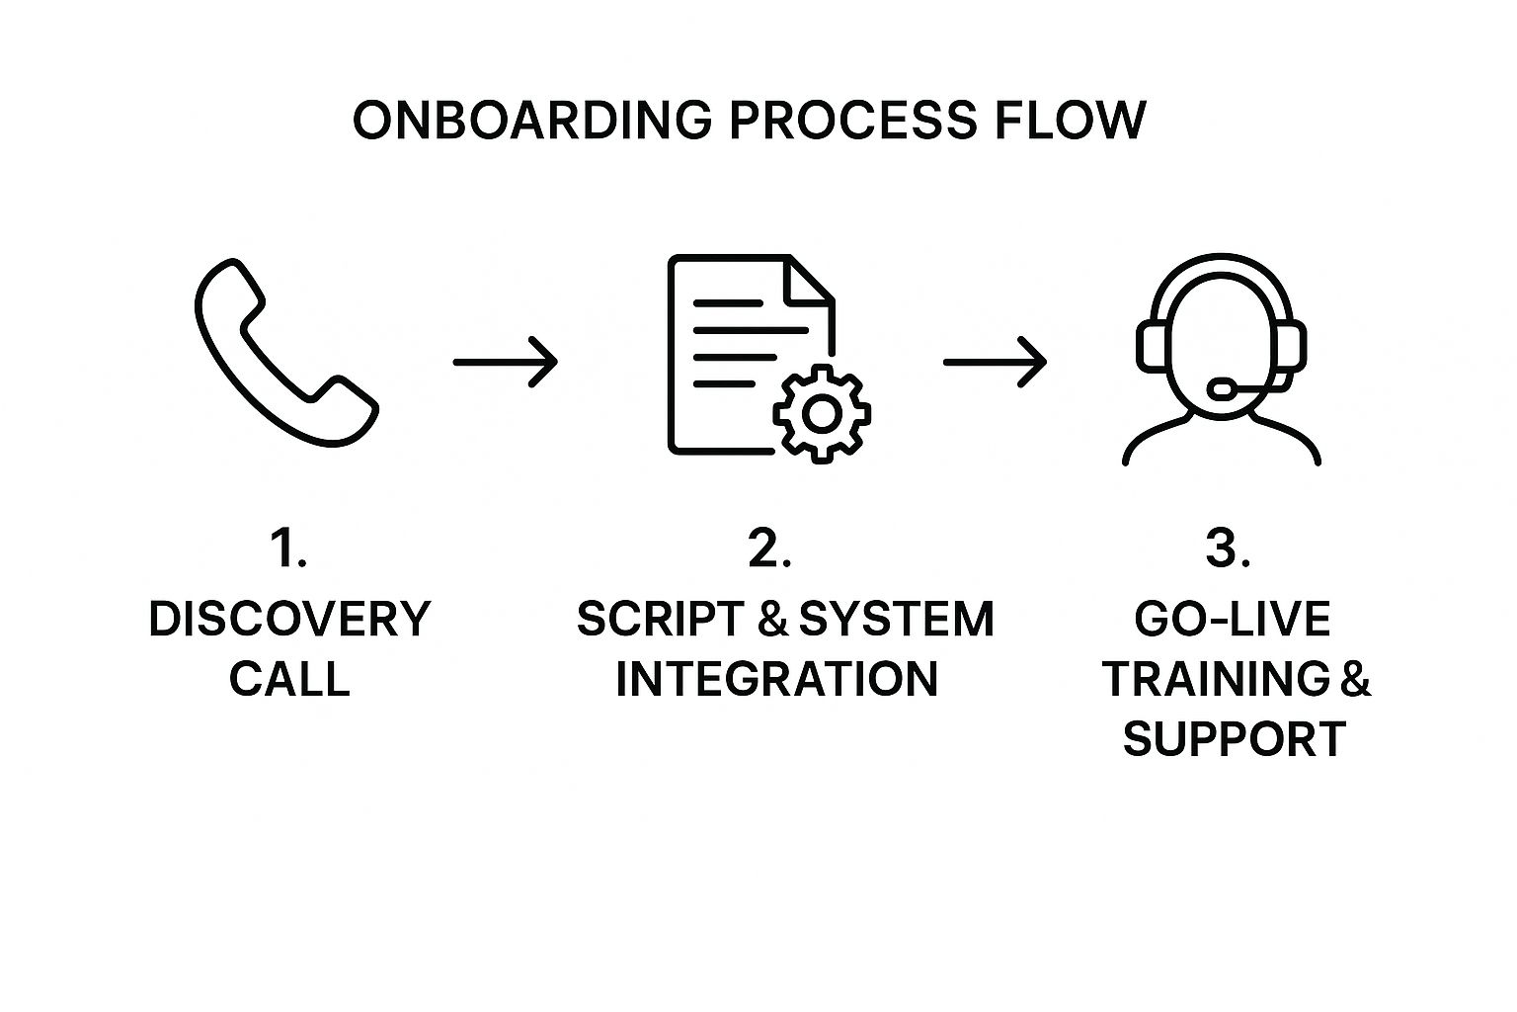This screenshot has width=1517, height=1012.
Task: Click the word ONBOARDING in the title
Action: click(x=531, y=120)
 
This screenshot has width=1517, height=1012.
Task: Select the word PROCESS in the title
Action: click(x=851, y=120)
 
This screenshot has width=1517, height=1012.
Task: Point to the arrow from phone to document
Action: click(x=505, y=362)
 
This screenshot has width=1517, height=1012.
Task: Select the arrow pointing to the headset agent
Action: click(x=995, y=362)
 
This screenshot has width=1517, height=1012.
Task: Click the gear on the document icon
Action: click(x=821, y=413)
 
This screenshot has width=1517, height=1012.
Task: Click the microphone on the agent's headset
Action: click(x=1223, y=388)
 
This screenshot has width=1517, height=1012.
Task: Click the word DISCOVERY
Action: click(x=289, y=620)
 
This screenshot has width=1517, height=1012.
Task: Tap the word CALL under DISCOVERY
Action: click(x=289, y=680)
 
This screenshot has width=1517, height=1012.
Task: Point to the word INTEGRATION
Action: click(x=776, y=680)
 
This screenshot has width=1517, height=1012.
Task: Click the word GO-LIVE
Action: click(x=1233, y=620)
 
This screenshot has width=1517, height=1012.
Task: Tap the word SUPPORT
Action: click(x=1235, y=739)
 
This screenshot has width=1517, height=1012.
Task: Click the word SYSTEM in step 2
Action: click(x=896, y=620)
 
